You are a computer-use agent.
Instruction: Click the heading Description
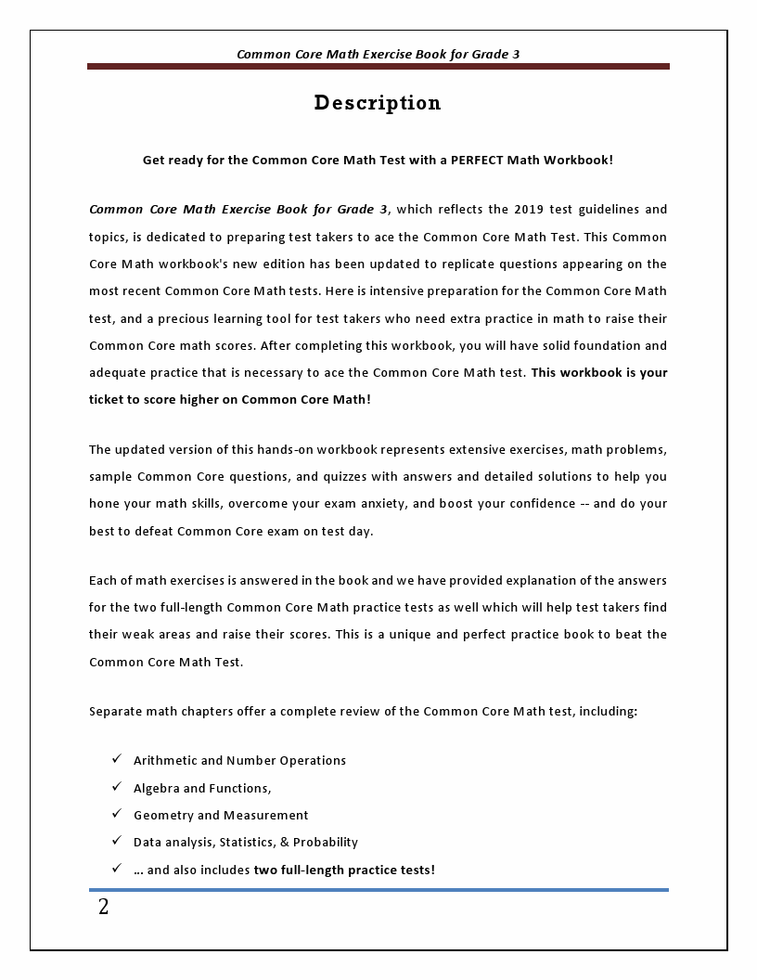coord(378,103)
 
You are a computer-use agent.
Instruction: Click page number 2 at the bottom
coord(103,908)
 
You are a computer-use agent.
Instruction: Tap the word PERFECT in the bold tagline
coord(477,160)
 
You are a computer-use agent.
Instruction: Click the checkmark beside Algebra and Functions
coord(117,787)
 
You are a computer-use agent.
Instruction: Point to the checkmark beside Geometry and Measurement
coord(117,814)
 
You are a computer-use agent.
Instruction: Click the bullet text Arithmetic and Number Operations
coord(239,761)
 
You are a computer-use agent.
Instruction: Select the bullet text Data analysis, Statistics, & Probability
coord(245,843)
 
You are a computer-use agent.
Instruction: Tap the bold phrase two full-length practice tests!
coord(344,870)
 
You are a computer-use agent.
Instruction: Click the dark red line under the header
coord(378,67)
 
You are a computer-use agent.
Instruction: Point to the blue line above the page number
coord(378,890)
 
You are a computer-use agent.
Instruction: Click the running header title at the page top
coord(378,54)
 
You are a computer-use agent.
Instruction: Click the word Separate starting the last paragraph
coord(116,712)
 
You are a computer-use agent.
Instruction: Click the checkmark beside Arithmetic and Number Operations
coord(117,759)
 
